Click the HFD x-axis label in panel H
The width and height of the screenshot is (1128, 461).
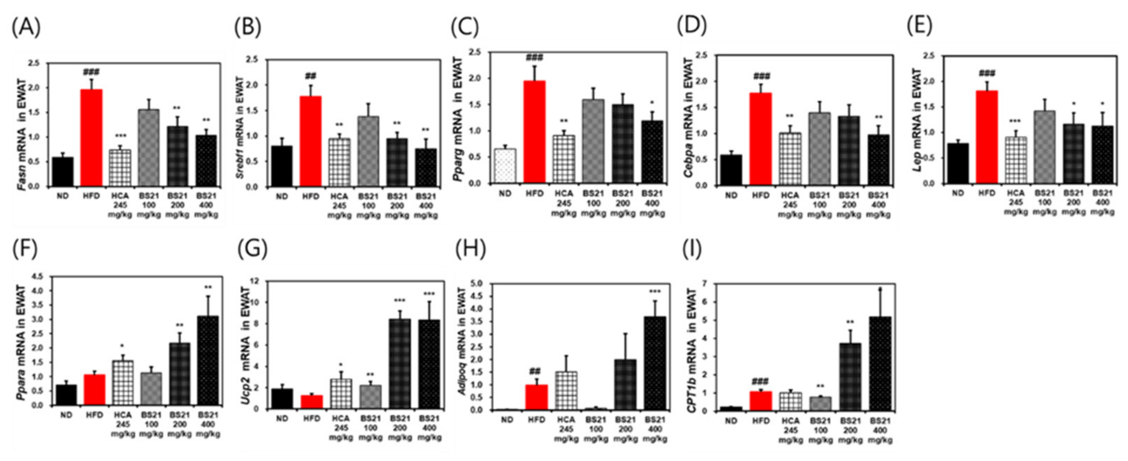536,420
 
